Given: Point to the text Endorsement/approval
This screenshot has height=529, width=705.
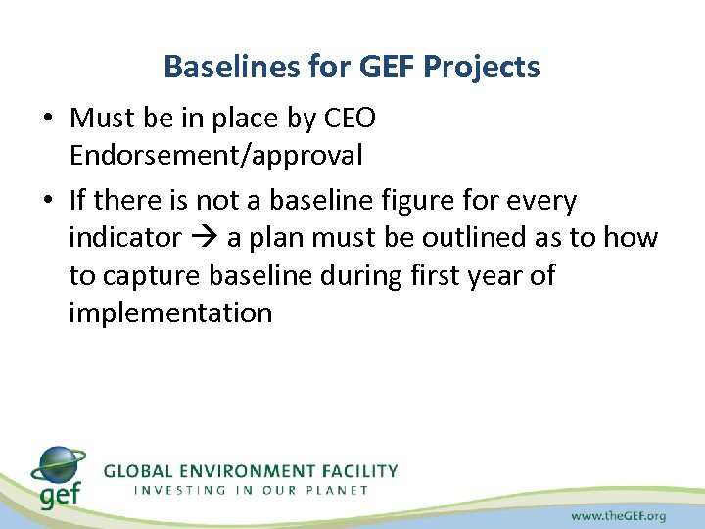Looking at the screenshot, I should tap(215, 155).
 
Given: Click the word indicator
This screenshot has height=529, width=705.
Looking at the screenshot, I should tap(125, 237).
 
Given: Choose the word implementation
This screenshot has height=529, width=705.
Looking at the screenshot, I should tap(170, 313).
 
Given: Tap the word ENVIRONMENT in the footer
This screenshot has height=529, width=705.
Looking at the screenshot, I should tap(251, 471).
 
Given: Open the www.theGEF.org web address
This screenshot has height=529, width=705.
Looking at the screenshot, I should tap(620, 514).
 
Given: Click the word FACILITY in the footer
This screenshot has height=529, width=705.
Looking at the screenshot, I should tap(359, 471).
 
